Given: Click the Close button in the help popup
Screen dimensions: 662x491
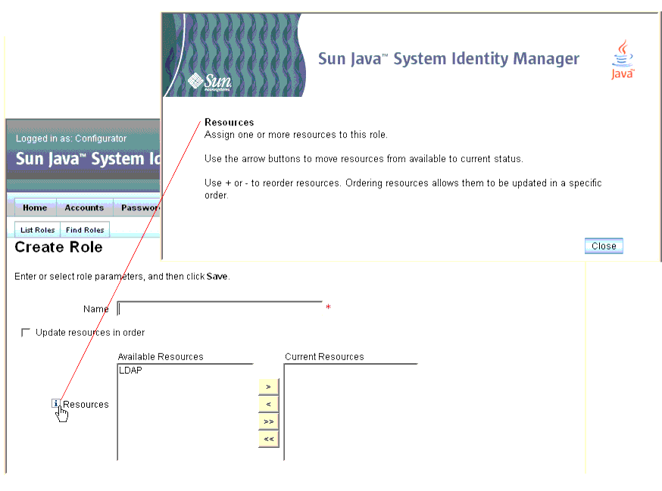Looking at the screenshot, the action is (604, 246).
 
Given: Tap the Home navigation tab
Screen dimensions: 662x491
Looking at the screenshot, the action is (35, 207).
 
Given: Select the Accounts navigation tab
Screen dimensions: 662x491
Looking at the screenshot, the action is (84, 207).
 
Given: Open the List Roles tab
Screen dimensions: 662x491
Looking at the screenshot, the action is (38, 230).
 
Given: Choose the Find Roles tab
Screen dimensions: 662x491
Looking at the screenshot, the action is (85, 230).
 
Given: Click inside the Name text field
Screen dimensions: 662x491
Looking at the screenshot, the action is (220, 309).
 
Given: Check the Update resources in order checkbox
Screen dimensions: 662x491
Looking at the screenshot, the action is (26, 333).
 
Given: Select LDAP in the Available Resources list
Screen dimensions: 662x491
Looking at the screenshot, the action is (130, 371).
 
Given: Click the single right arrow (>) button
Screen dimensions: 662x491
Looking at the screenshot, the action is (269, 387).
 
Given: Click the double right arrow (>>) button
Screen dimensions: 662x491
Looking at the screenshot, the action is (269, 421).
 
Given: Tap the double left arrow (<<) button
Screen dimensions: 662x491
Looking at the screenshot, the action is (269, 439).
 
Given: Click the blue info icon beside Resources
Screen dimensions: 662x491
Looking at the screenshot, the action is (56, 403).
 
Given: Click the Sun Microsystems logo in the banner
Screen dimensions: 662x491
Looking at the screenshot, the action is (210, 82).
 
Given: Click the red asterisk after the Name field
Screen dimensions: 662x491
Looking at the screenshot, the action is (328, 307).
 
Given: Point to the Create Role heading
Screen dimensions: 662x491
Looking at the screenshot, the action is (58, 247).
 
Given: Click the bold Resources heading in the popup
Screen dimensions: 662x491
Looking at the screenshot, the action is (230, 123).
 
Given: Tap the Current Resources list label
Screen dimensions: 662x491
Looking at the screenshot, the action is (324, 357).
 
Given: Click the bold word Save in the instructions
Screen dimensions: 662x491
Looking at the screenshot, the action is (217, 277).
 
